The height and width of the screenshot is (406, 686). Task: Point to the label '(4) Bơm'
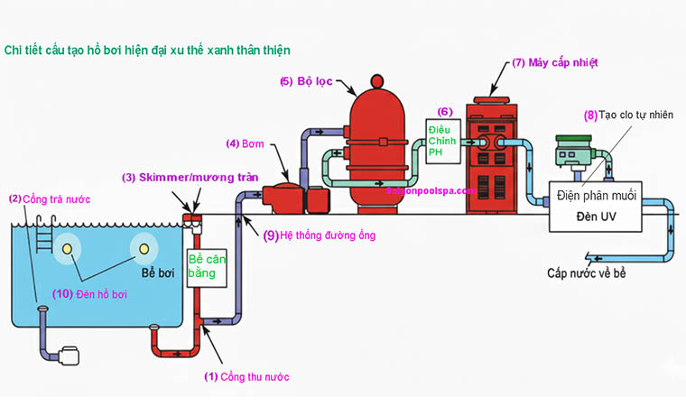pyautogui.click(x=245, y=143)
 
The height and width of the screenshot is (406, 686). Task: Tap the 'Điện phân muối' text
pyautogui.click(x=598, y=195)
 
